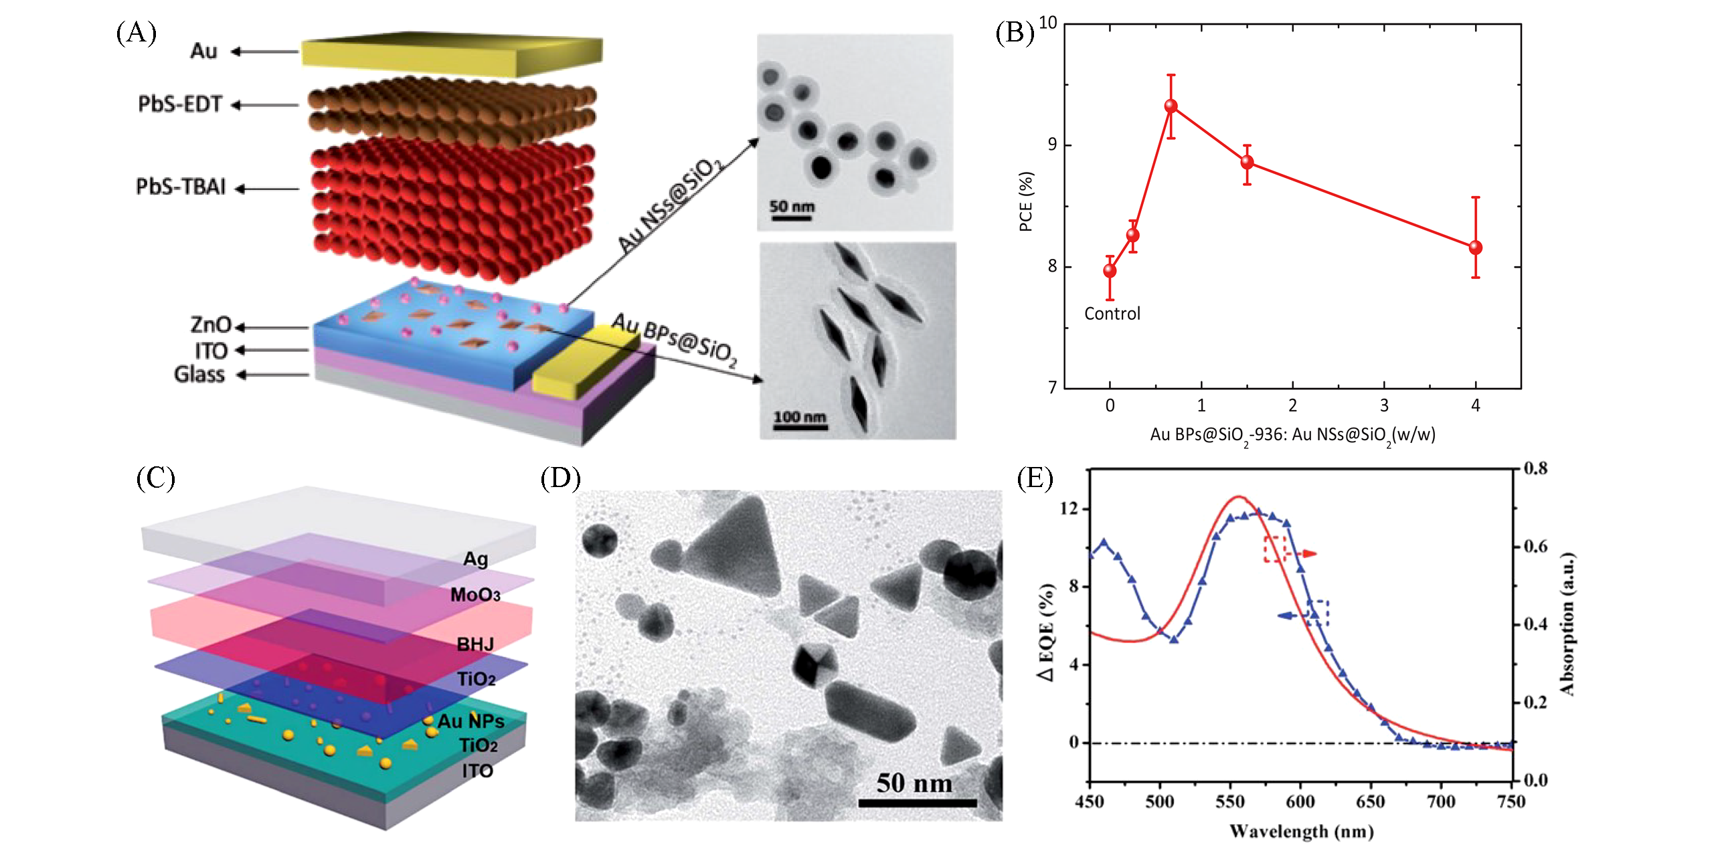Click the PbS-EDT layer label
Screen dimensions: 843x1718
pyautogui.click(x=179, y=104)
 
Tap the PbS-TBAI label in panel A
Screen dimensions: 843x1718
pyautogui.click(x=181, y=187)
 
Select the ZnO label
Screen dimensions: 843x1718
pyautogui.click(x=210, y=325)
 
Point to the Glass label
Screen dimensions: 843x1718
pyautogui.click(x=199, y=374)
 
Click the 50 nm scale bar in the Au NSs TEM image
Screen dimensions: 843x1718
pyautogui.click(x=791, y=217)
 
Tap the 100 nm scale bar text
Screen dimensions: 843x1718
pyautogui.click(x=800, y=417)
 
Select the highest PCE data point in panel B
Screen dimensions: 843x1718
pyautogui.click(x=1171, y=106)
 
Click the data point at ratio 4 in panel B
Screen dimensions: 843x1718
pyautogui.click(x=1475, y=248)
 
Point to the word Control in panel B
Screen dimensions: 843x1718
pyautogui.click(x=1112, y=314)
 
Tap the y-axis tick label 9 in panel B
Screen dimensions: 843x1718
pyautogui.click(x=1052, y=145)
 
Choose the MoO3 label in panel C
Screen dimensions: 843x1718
pyautogui.click(x=475, y=595)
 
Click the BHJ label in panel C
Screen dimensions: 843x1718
pyautogui.click(x=475, y=644)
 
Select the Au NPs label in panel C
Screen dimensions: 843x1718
pyautogui.click(x=470, y=721)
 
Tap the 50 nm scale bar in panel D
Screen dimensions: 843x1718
pyautogui.click(x=917, y=802)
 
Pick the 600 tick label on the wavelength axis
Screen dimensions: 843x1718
pyautogui.click(x=1300, y=802)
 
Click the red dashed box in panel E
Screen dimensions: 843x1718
pyautogui.click(x=1274, y=549)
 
